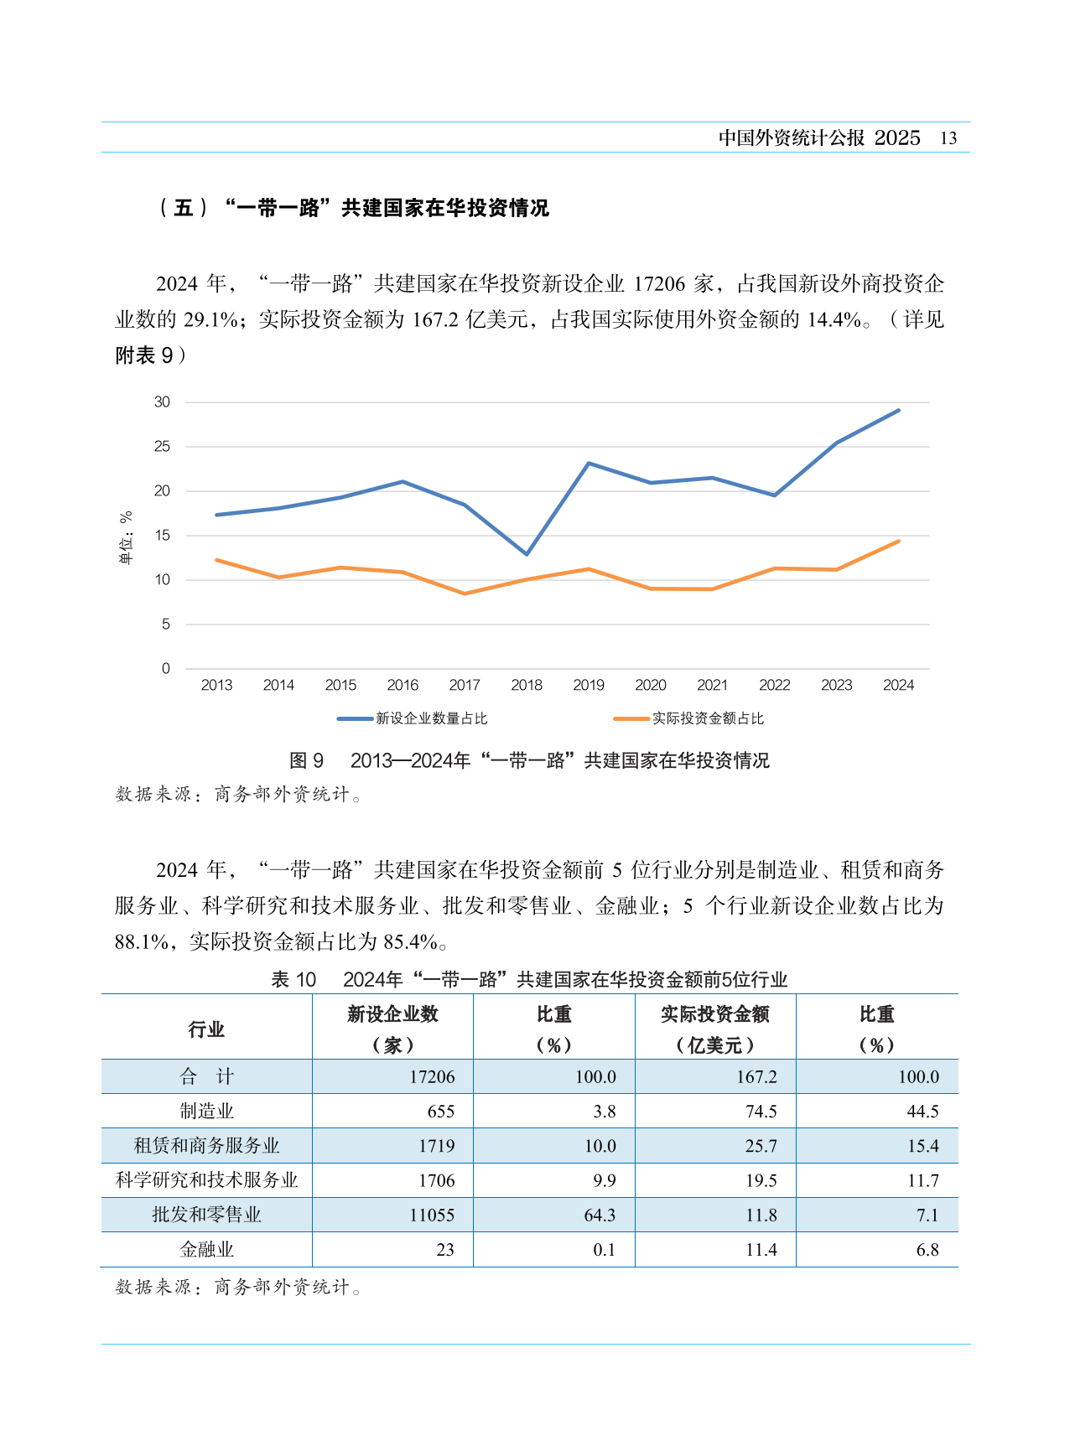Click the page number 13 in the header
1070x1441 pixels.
(948, 138)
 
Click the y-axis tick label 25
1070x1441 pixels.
(162, 447)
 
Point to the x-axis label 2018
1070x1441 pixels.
(527, 685)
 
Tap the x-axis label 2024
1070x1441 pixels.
(898, 685)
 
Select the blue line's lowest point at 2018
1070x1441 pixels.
(527, 554)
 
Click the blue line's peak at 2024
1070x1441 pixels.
(899, 410)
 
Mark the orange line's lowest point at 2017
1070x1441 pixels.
(465, 594)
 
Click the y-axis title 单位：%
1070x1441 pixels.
(126, 537)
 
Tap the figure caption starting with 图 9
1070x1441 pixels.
(529, 760)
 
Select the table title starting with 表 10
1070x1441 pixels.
(529, 979)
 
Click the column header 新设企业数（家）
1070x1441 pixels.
(392, 1029)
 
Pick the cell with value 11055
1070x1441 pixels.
(432, 1215)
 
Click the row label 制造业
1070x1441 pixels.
(206, 1111)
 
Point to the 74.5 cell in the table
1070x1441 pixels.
(761, 1111)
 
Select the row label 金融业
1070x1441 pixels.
(206, 1249)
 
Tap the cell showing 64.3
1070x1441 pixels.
(600, 1215)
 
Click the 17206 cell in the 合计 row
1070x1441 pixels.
(432, 1076)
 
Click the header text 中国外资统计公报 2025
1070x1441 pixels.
(819, 138)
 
